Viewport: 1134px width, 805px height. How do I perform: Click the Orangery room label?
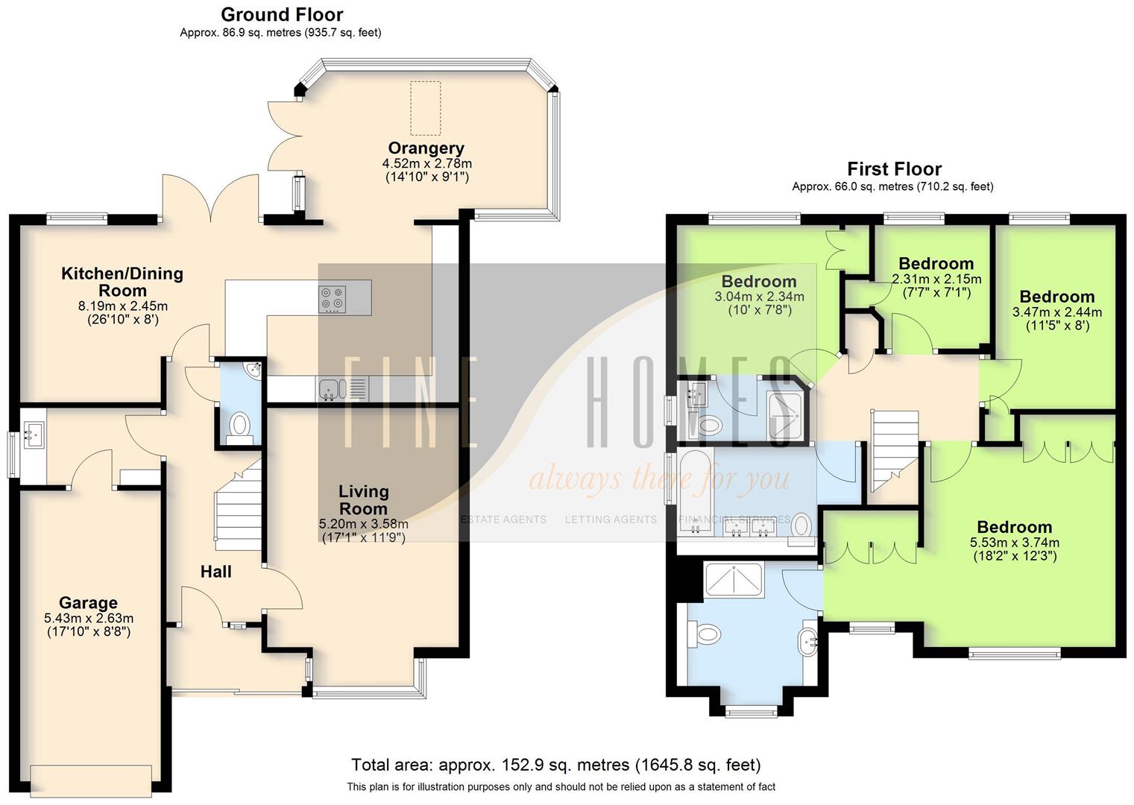point(426,148)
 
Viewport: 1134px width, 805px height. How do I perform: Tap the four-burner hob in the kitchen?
point(333,298)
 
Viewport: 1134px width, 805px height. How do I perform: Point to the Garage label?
point(88,602)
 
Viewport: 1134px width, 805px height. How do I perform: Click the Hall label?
point(215,572)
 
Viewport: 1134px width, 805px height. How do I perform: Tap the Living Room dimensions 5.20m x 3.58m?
point(363,524)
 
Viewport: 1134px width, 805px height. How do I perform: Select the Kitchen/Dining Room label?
point(122,282)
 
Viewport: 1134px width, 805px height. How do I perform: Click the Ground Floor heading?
point(282,14)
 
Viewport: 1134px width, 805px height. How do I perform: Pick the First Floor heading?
point(894,169)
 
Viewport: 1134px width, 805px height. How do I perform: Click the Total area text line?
point(555,765)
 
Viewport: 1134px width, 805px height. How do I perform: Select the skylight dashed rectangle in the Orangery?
point(425,108)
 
